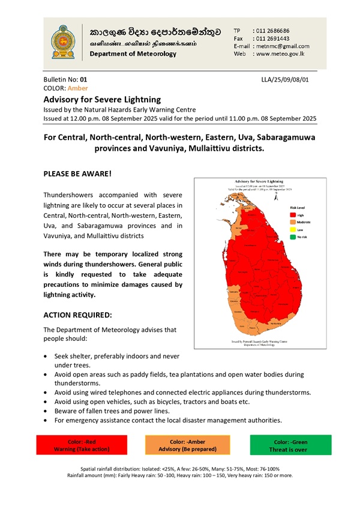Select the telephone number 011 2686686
(x=272, y=30)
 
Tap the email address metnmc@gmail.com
(x=282, y=46)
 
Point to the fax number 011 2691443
(x=272, y=38)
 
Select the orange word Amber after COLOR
(x=77, y=88)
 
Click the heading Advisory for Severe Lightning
(x=103, y=99)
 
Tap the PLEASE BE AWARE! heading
(x=78, y=173)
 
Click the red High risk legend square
(x=293, y=214)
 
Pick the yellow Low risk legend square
(x=293, y=229)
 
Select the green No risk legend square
(x=293, y=236)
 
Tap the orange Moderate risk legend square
(x=293, y=221)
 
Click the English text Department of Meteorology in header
(x=133, y=54)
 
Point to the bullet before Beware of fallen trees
(x=47, y=411)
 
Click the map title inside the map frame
(x=260, y=181)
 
